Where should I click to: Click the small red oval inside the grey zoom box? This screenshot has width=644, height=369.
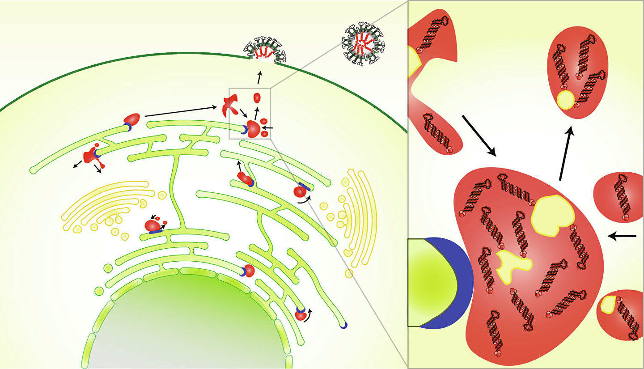(x=257, y=97)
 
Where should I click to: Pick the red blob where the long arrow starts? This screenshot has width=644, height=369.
(x=132, y=120)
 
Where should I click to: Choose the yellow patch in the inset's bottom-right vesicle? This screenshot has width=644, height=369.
(x=607, y=305)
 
